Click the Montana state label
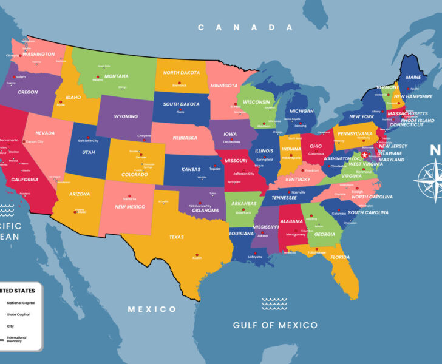click(x=116, y=76)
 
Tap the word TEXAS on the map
click(x=176, y=237)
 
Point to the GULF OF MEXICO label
click(x=275, y=325)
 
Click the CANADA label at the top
click(x=245, y=27)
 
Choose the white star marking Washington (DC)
click(x=364, y=155)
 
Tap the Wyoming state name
click(x=126, y=116)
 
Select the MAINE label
click(x=413, y=78)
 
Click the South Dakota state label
click(x=181, y=104)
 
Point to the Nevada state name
click(x=45, y=133)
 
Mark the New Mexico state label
click(x=130, y=207)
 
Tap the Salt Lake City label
click(x=88, y=141)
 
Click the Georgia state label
click(x=325, y=234)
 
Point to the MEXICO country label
click(x=152, y=309)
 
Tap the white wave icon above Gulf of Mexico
click(x=274, y=303)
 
